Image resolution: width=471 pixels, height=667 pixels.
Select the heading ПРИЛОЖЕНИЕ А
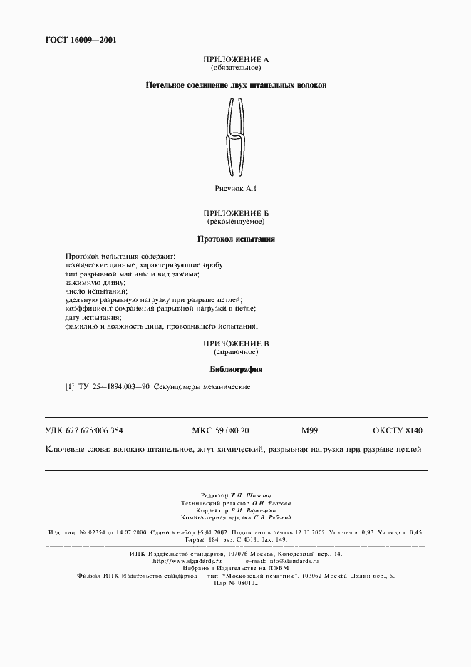click(x=236, y=61)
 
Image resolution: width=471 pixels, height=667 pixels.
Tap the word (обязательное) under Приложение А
click(x=236, y=68)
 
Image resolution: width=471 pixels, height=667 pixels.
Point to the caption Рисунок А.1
click(x=236, y=189)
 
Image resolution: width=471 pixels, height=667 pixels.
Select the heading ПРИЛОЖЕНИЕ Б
click(x=236, y=213)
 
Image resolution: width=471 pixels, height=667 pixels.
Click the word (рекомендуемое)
click(x=236, y=221)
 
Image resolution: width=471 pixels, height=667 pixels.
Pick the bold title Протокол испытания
click(x=236, y=239)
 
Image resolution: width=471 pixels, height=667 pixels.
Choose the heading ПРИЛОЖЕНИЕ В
click(x=236, y=343)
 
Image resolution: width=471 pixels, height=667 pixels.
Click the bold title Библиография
click(x=236, y=370)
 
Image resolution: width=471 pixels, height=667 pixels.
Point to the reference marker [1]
click(x=69, y=387)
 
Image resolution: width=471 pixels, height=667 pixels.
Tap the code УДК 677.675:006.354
click(x=89, y=430)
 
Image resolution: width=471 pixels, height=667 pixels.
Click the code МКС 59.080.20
click(x=221, y=430)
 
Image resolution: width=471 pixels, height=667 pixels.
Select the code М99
click(x=309, y=430)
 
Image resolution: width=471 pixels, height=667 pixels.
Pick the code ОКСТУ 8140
click(x=398, y=430)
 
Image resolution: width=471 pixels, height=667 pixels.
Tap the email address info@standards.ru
click(x=288, y=561)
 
